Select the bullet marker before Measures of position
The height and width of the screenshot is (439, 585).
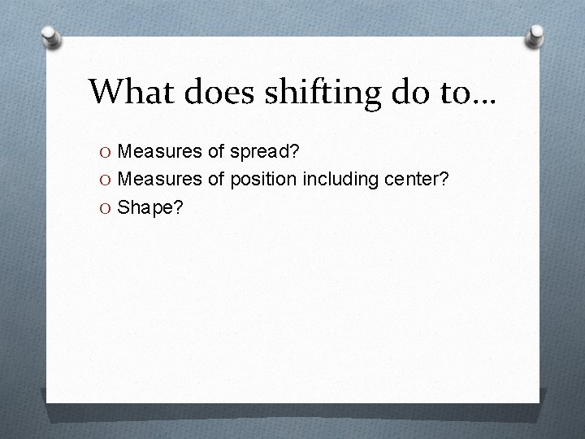107,179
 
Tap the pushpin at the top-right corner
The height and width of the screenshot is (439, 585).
535,34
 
